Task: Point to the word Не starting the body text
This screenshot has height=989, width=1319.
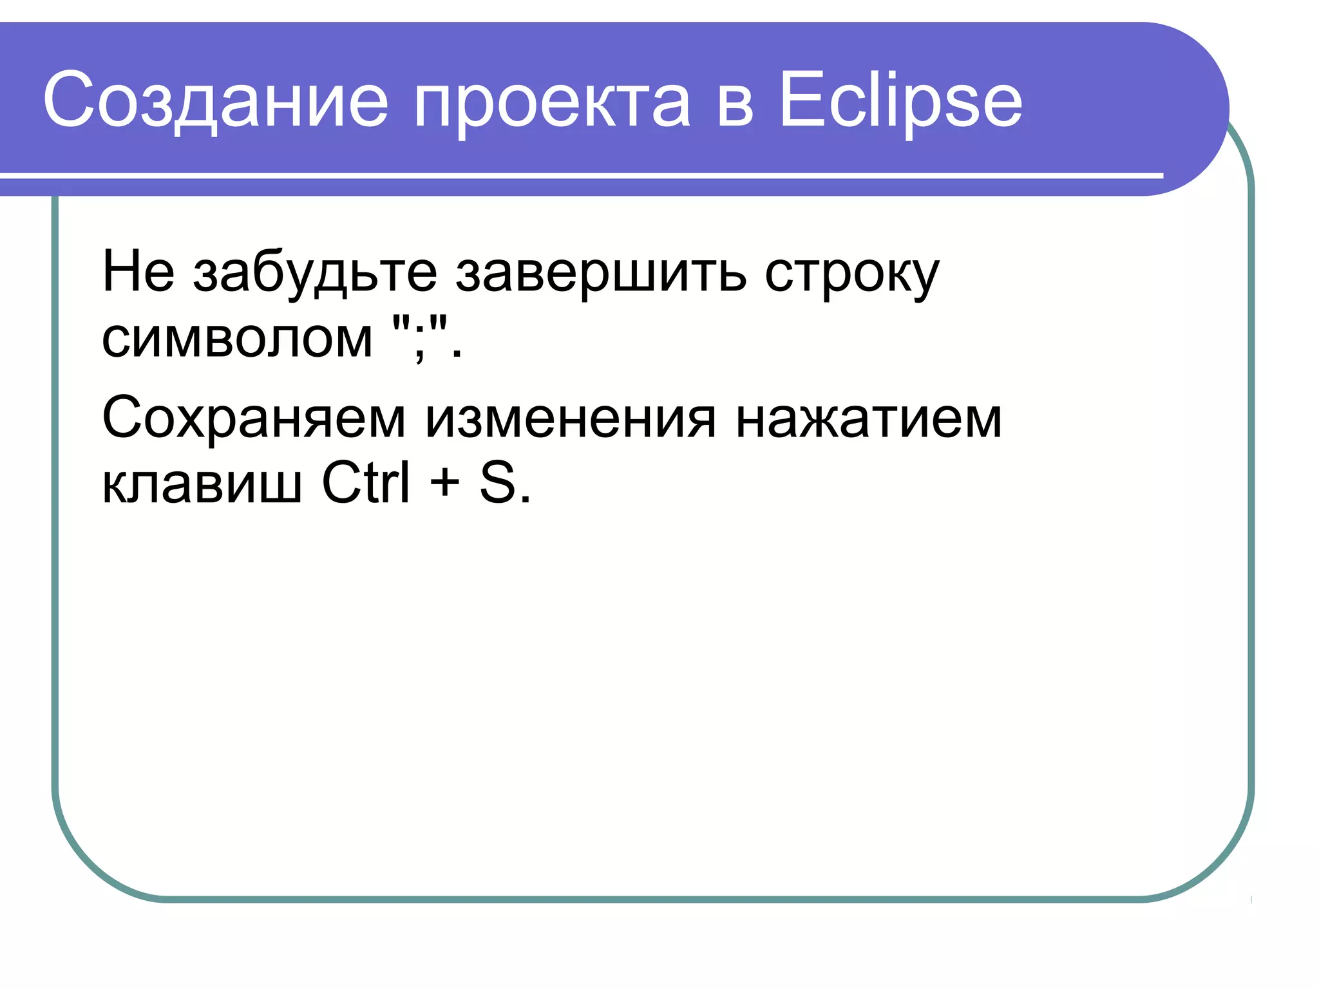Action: point(138,272)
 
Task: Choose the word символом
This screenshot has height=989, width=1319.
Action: point(237,339)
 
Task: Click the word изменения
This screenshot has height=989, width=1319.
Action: point(570,420)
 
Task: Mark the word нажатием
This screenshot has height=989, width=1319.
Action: point(869,420)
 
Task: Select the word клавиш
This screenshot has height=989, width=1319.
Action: point(202,484)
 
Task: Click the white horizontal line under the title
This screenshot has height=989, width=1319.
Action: point(580,175)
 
